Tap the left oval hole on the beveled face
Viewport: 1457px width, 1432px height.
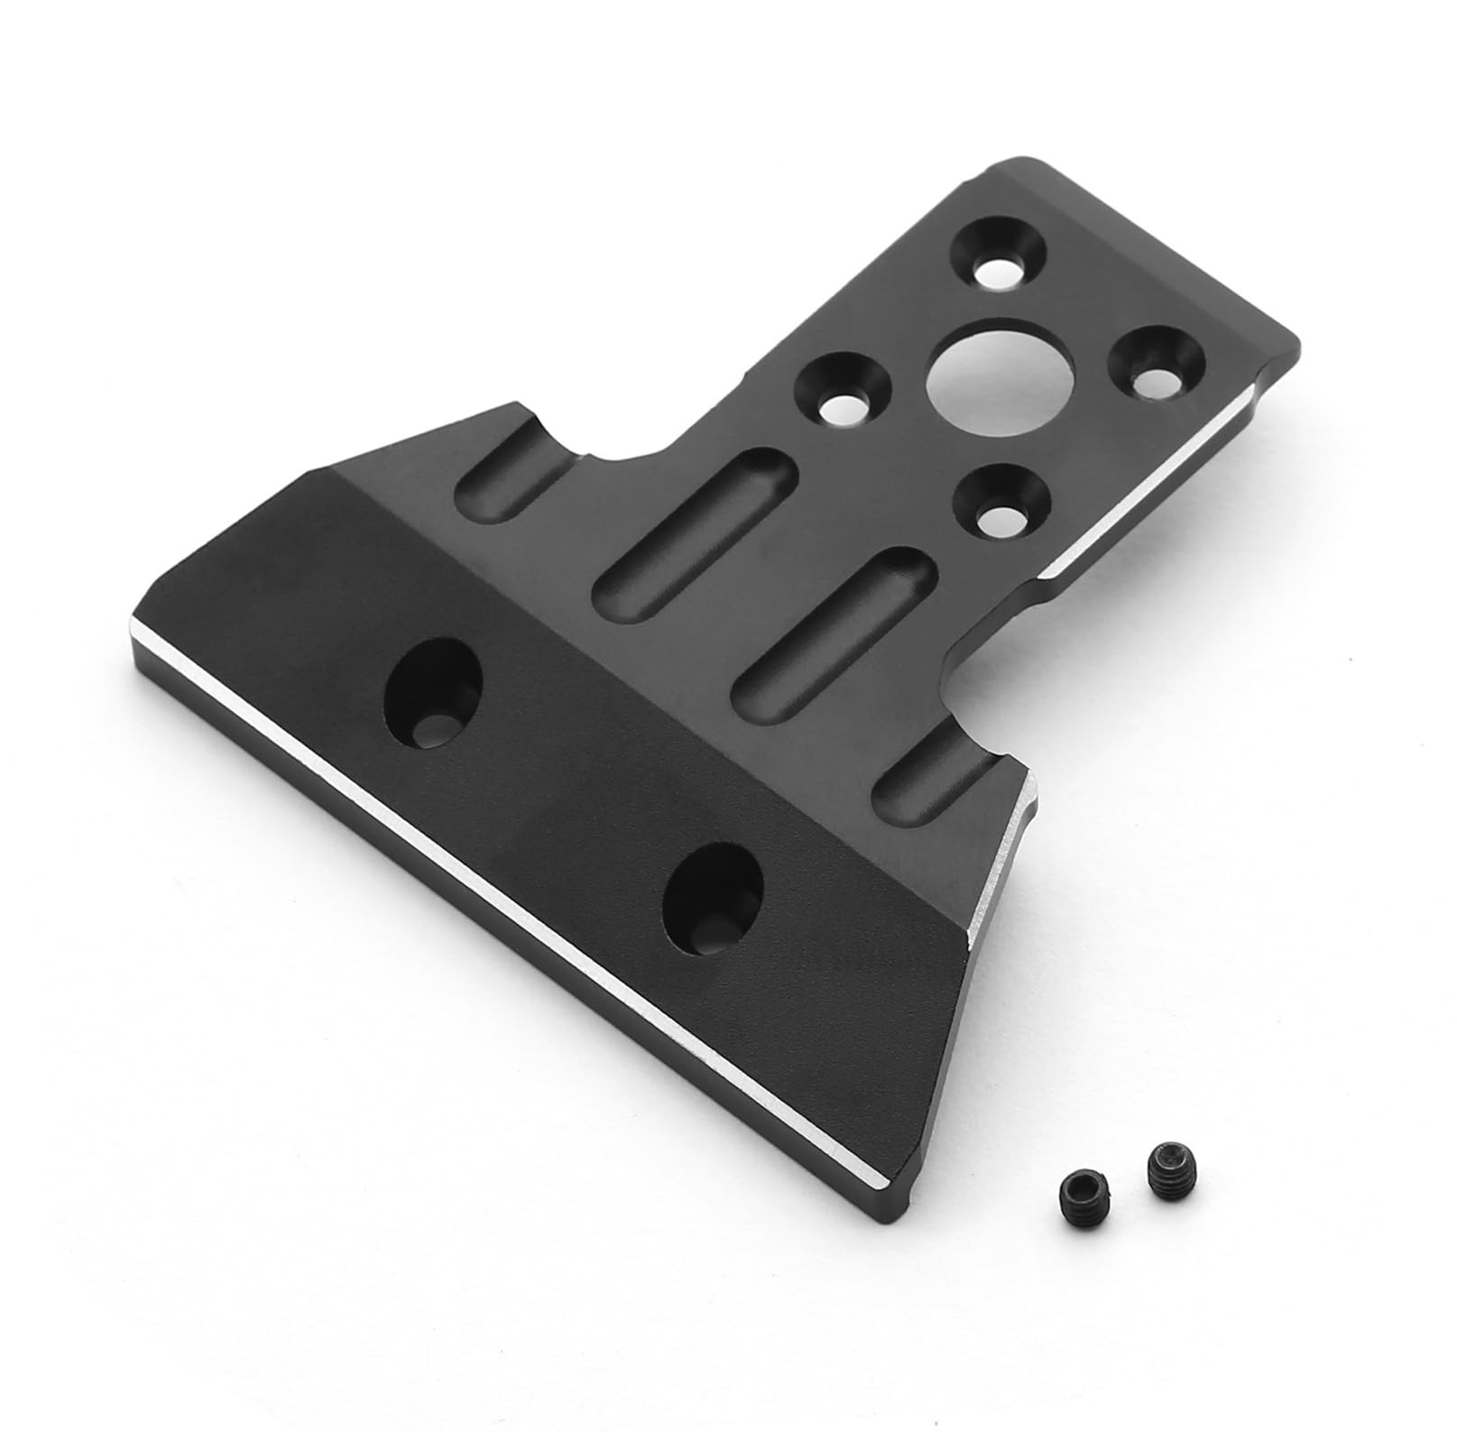click(x=433, y=681)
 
